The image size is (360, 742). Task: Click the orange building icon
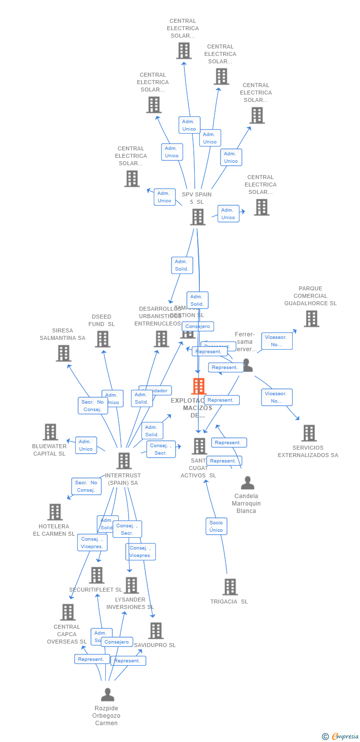198,386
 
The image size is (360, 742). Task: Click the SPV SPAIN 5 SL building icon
198,217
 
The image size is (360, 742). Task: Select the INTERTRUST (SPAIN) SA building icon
124,461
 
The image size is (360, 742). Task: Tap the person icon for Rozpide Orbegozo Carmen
107,695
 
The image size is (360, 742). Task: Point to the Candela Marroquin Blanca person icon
247,483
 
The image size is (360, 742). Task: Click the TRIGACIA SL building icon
230,587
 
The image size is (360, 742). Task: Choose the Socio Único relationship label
216,526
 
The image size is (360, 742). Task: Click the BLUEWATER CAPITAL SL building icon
50,432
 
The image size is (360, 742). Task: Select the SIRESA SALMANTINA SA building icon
63,353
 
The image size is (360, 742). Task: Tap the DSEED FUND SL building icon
102,339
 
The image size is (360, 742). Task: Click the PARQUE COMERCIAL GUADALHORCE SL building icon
311,319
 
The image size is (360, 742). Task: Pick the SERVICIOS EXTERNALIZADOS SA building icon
309,433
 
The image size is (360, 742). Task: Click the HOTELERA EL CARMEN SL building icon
55,512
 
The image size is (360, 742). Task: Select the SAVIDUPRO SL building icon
156,631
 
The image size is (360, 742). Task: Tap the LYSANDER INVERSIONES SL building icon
131,586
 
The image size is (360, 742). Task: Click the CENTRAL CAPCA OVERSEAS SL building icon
68,612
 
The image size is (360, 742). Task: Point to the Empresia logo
341,737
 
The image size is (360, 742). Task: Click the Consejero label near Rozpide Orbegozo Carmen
117,642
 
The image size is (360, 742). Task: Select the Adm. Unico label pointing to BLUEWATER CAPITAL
86,445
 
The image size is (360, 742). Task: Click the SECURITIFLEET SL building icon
96,575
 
